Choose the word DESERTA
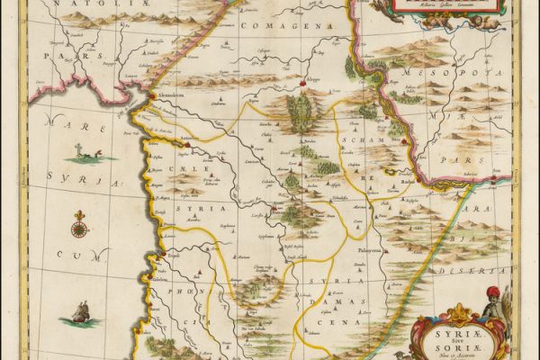tap(493, 270)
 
